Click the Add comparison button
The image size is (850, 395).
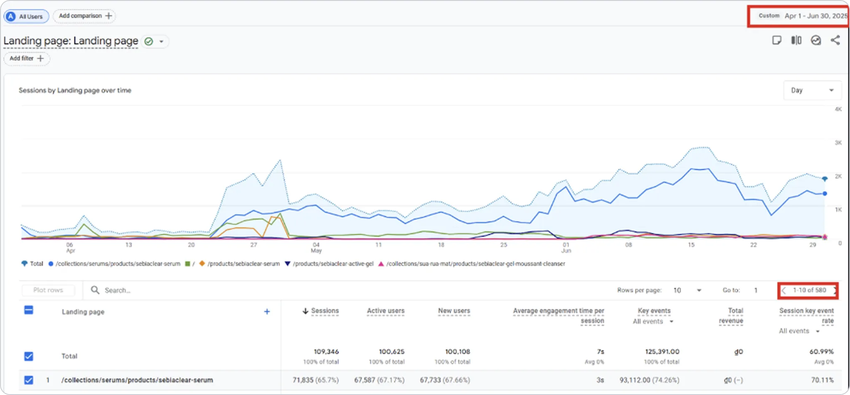pos(84,16)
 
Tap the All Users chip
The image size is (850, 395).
pos(26,17)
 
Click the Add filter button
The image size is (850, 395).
pos(27,59)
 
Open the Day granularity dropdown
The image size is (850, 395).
pos(812,90)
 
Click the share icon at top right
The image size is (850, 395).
pos(835,40)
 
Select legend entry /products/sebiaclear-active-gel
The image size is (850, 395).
pos(333,264)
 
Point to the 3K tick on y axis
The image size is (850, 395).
pos(838,143)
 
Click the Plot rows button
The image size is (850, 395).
pos(48,290)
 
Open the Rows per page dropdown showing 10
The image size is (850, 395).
pos(687,290)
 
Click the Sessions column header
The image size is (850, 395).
pos(324,311)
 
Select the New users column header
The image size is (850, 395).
pos(454,311)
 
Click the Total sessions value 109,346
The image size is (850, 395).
pos(326,352)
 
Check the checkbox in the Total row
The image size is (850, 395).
pos(29,356)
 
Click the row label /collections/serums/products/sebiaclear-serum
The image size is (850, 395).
pos(137,380)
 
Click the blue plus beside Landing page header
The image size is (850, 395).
pos(267,312)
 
